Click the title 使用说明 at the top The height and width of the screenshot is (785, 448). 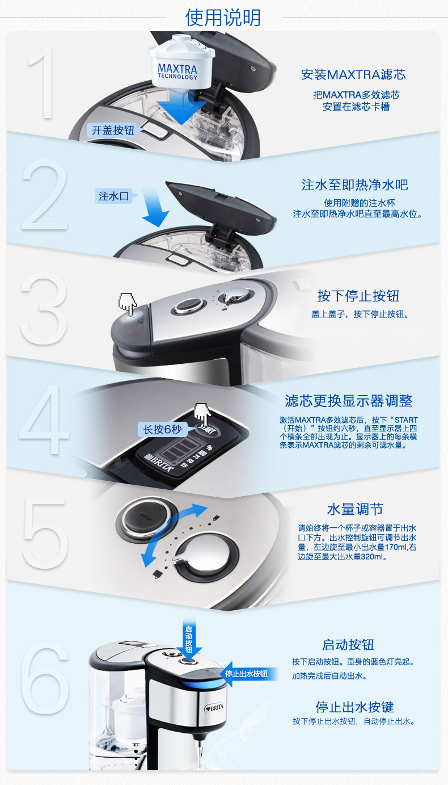point(223,18)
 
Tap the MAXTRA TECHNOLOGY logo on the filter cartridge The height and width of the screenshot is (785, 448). point(177,72)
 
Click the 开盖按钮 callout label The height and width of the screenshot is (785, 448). point(113,131)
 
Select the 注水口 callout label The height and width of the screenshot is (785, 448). point(114,196)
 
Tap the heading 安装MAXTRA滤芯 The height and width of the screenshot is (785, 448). point(353,74)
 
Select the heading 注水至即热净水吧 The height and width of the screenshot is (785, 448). point(355,184)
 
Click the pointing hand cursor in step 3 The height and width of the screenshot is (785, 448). point(128,304)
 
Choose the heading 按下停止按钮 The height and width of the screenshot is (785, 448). point(358,296)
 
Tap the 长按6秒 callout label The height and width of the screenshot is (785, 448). point(162,429)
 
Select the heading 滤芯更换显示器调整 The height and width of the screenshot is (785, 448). point(349,401)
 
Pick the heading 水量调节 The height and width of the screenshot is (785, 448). point(355,509)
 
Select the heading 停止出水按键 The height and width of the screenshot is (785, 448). point(354,707)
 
